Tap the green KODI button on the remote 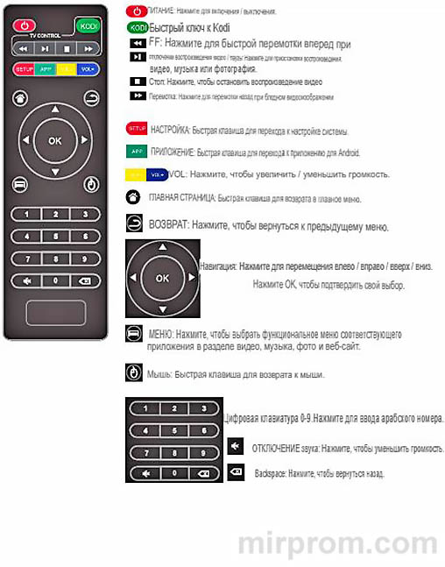86,25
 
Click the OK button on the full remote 55,140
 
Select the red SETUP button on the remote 25,68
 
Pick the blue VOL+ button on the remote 87,68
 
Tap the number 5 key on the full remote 55,235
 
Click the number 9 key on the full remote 85,257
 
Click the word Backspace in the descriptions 269,473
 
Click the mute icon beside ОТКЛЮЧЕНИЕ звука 235,447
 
